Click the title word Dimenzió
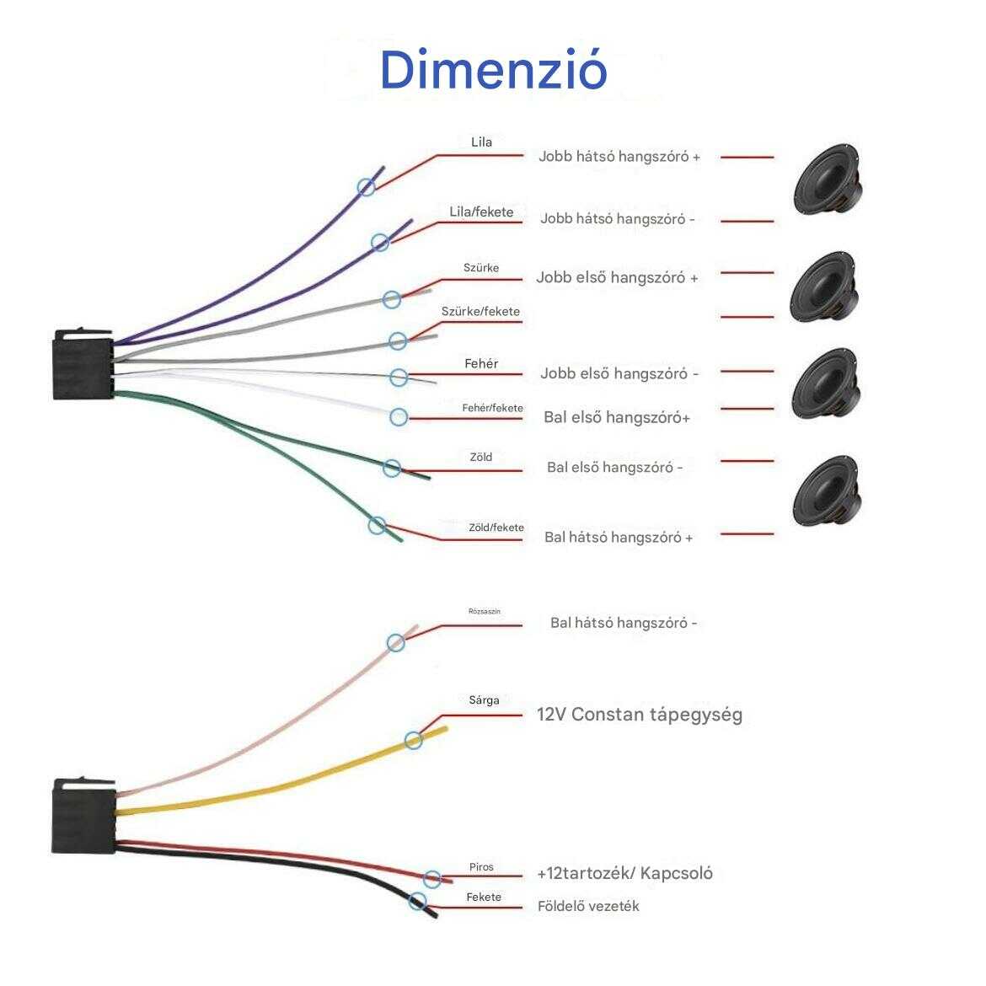tap(493, 70)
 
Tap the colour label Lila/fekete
tap(481, 212)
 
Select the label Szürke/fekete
tap(480, 312)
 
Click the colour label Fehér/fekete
tap(492, 409)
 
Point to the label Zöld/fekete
tap(496, 528)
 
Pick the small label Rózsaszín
tap(485, 611)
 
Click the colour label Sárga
tap(484, 700)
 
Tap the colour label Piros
tap(481, 867)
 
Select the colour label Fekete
tap(484, 898)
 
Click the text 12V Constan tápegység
tap(639, 715)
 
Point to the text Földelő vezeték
tap(588, 907)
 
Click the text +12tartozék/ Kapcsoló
tap(624, 873)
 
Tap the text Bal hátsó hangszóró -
tap(624, 624)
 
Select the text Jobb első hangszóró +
tap(617, 278)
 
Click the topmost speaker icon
tap(828, 180)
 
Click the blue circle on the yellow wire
tap(413, 741)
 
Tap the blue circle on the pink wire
tap(395, 643)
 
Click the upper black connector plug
tap(83, 363)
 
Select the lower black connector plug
tap(83, 815)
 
